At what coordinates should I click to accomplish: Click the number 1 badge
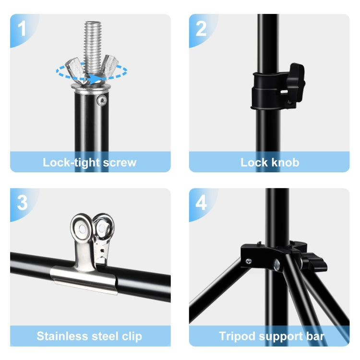(x=22, y=29)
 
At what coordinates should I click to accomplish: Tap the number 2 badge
(x=201, y=29)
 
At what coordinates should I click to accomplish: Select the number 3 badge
(x=22, y=203)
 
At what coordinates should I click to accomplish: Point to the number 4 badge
(x=201, y=203)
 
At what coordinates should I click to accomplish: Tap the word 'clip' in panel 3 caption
(x=130, y=336)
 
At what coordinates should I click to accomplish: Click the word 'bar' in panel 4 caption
(x=314, y=336)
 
